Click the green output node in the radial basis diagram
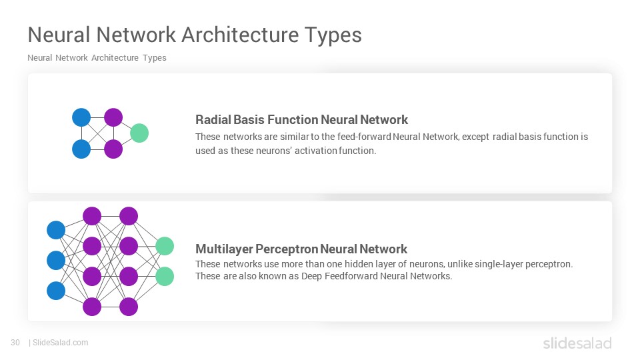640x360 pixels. point(139,133)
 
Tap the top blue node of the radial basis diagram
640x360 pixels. point(81,117)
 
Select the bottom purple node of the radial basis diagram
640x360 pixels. point(113,149)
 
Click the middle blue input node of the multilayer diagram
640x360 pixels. point(56,261)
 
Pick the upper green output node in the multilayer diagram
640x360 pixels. point(165,246)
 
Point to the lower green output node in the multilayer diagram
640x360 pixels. point(165,276)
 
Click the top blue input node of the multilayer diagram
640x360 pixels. point(56,230)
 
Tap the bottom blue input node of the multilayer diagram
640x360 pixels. point(56,291)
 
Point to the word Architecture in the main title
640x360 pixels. point(241,35)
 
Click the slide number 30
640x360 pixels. point(15,343)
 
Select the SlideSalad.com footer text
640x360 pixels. point(61,343)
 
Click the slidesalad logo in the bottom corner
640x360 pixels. point(577,343)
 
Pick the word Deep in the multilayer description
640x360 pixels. point(311,276)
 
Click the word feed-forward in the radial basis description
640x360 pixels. point(364,137)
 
